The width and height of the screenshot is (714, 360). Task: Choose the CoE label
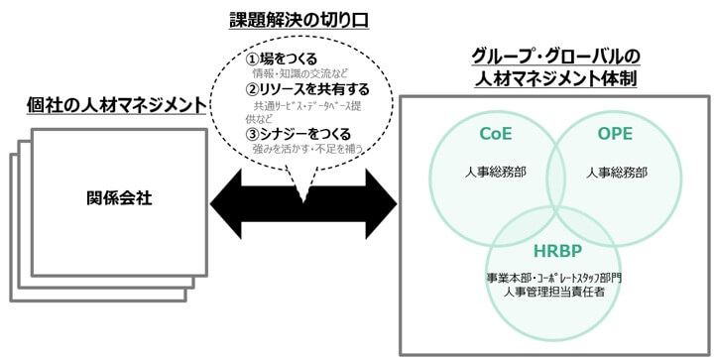point(495,134)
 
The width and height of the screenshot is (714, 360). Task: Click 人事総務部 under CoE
point(495,172)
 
